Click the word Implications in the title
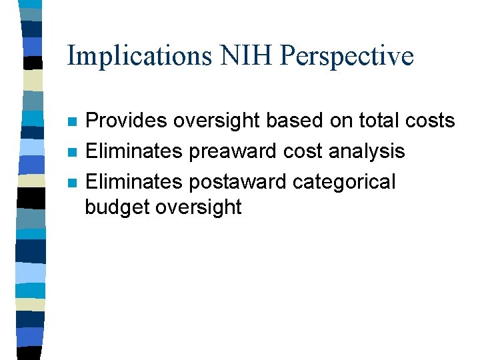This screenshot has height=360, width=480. [x=137, y=56]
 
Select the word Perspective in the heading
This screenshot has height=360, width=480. [x=347, y=56]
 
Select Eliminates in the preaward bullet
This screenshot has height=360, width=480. [x=135, y=151]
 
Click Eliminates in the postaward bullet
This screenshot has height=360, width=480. [x=135, y=181]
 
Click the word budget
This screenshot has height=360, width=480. [x=117, y=207]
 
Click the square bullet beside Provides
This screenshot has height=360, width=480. [x=72, y=122]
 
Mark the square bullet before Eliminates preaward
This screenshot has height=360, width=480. [x=72, y=152]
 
